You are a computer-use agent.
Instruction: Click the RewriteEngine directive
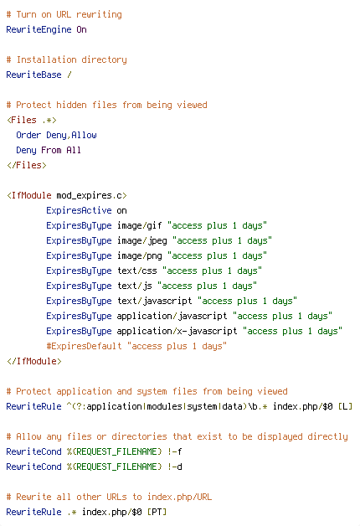click(x=39, y=30)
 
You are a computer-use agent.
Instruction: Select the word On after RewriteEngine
click(x=81, y=29)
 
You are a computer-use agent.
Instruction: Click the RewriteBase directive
click(x=33, y=75)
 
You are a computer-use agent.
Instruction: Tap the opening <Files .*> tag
click(x=32, y=120)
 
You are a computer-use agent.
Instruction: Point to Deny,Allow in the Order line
click(x=71, y=135)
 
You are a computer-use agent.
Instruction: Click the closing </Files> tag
click(x=27, y=165)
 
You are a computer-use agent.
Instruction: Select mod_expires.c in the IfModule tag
click(x=89, y=195)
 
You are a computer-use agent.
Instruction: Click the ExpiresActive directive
click(x=79, y=210)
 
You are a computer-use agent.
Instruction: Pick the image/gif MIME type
click(x=140, y=226)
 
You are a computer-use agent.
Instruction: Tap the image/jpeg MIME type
click(x=142, y=241)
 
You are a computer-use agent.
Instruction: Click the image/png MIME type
click(x=140, y=256)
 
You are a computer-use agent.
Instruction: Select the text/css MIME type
click(x=137, y=271)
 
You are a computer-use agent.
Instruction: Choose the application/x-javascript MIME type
click(x=177, y=332)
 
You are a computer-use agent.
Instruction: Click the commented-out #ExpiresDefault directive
click(x=84, y=346)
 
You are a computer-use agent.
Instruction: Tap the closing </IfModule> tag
click(x=34, y=361)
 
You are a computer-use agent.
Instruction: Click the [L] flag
click(x=345, y=406)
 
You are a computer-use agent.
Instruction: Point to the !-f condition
click(x=175, y=451)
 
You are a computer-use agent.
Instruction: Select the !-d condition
click(x=175, y=467)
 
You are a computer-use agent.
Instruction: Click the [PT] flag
click(x=157, y=513)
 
